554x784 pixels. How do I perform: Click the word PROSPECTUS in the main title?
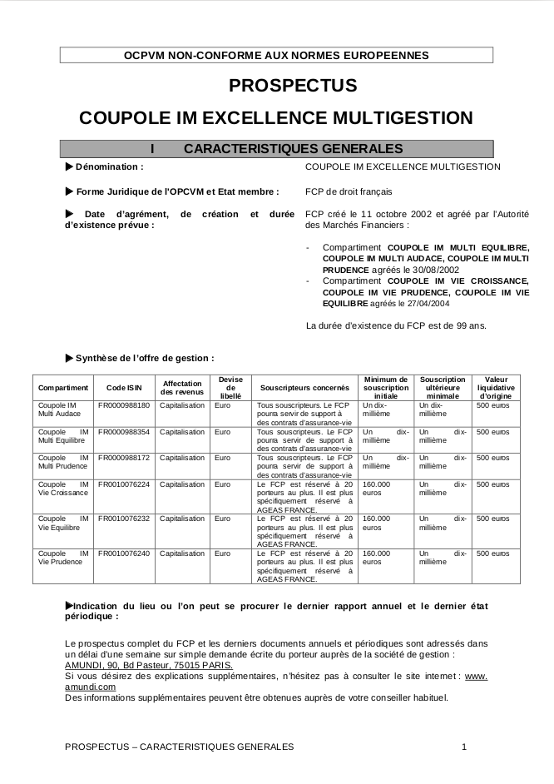(293, 85)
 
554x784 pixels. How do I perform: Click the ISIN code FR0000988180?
(124, 405)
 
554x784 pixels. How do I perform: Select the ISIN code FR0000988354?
(124, 432)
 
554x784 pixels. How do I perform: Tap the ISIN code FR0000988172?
(124, 458)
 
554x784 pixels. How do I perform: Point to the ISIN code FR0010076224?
(124, 484)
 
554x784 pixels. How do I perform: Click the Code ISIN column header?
(124, 388)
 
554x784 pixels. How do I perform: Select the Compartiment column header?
(63, 388)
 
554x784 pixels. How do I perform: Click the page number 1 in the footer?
(464, 747)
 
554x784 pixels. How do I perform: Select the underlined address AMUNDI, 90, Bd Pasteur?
(151, 666)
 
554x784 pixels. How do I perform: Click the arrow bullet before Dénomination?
(68, 166)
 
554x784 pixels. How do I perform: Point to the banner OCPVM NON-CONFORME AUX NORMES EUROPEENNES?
(276, 55)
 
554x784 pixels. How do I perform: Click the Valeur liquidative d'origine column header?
(496, 387)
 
